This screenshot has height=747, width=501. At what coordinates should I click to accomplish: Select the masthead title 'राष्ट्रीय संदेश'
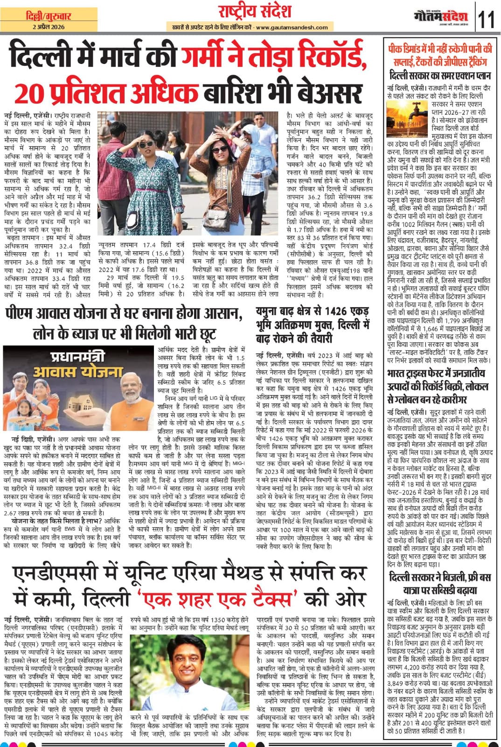[255, 11]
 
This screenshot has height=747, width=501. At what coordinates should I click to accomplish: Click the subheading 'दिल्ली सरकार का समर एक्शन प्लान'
[440, 76]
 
